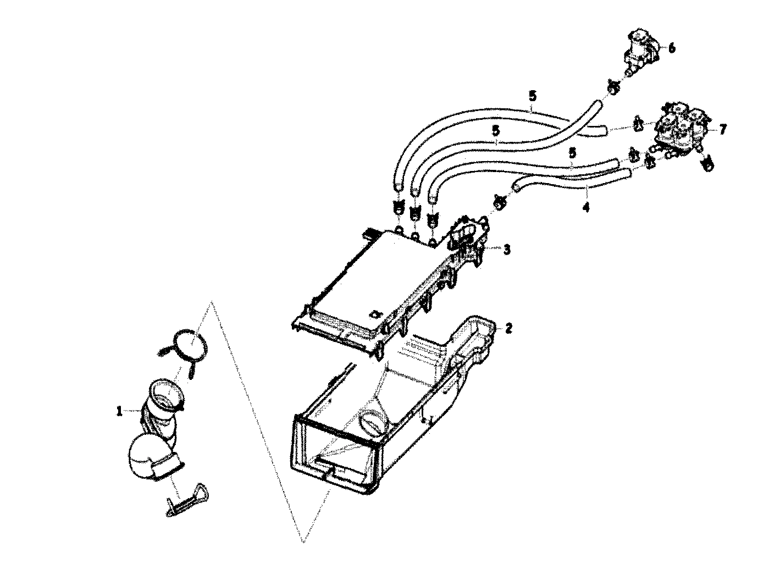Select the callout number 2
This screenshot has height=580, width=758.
point(508,329)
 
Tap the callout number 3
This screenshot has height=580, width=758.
point(506,250)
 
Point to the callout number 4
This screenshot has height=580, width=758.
point(586,208)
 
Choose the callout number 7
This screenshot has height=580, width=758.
point(722,130)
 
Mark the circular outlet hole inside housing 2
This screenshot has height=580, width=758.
point(373,423)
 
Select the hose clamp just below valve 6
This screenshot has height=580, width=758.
point(614,86)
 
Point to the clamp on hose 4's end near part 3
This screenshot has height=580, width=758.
point(500,202)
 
